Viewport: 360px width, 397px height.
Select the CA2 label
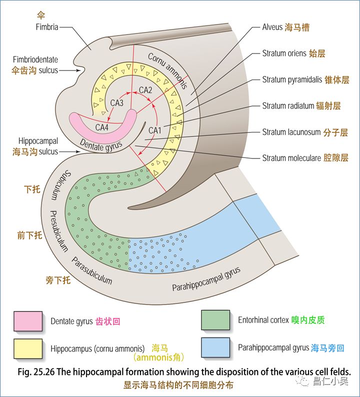click(145, 90)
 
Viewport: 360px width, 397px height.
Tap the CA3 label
click(117, 103)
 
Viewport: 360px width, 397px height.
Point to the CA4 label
click(102, 127)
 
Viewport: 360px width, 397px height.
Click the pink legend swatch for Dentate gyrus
click(28, 320)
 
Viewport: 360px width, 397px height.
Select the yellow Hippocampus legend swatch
click(28, 347)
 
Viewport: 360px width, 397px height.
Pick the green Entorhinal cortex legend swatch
click(215, 320)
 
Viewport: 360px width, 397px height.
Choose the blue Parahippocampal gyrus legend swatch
click(215, 347)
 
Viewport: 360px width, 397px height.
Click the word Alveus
click(272, 27)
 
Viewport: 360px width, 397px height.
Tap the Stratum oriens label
click(284, 53)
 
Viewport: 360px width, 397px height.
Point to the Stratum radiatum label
click(287, 106)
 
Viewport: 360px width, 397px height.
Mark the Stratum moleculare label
click(292, 158)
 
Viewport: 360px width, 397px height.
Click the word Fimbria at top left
click(47, 27)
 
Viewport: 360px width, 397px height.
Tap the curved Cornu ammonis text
click(167, 70)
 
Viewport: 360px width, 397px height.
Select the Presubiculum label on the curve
click(58, 230)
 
